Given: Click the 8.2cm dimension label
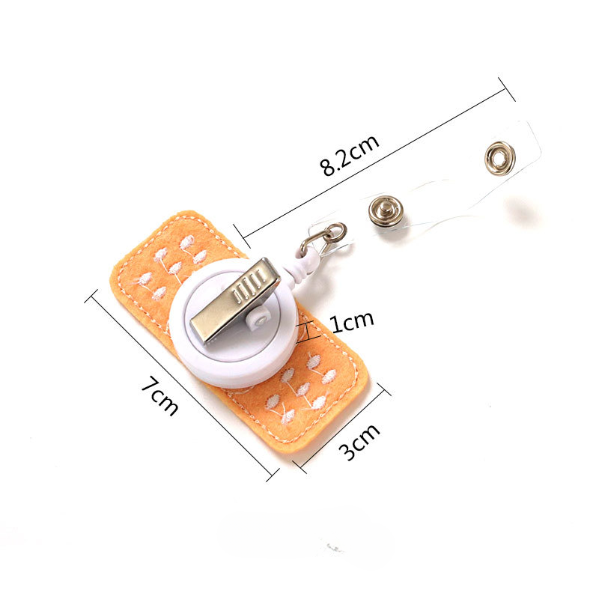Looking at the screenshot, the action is coord(350,155).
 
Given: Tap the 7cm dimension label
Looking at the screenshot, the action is coord(160,395).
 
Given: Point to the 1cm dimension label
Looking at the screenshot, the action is coord(352,323).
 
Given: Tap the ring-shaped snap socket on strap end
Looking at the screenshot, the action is coord(499,158).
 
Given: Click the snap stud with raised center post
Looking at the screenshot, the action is coord(386,211).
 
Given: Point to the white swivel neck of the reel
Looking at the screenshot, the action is coord(300,267).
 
